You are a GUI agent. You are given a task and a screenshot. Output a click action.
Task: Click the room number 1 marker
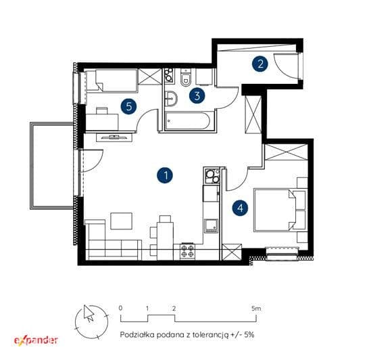[165, 175]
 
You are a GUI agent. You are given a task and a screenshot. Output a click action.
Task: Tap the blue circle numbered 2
[260, 64]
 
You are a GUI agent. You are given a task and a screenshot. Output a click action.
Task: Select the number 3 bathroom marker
[197, 95]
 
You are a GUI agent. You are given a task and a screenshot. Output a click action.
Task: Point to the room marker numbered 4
[241, 208]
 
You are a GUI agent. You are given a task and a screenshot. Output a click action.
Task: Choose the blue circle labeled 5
[128, 106]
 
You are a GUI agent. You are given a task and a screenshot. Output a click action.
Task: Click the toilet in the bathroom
[186, 78]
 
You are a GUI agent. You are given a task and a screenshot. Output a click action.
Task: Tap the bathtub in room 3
[187, 120]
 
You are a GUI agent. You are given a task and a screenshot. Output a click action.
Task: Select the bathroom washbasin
[171, 99]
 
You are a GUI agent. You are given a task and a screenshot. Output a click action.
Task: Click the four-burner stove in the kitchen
[188, 251]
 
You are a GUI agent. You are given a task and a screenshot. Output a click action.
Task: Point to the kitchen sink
[211, 226]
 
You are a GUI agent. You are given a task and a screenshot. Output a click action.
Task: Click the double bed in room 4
[280, 210]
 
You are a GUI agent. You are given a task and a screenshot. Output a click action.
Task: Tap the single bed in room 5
[112, 81]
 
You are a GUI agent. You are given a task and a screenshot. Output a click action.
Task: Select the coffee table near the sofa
[121, 221]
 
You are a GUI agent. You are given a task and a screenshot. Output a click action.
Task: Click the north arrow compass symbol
[91, 321]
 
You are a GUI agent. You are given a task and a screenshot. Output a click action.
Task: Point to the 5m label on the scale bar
[256, 309]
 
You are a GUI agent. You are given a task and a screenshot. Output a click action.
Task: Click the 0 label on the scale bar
[120, 308]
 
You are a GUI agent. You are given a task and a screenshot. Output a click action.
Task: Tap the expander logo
[36, 340]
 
